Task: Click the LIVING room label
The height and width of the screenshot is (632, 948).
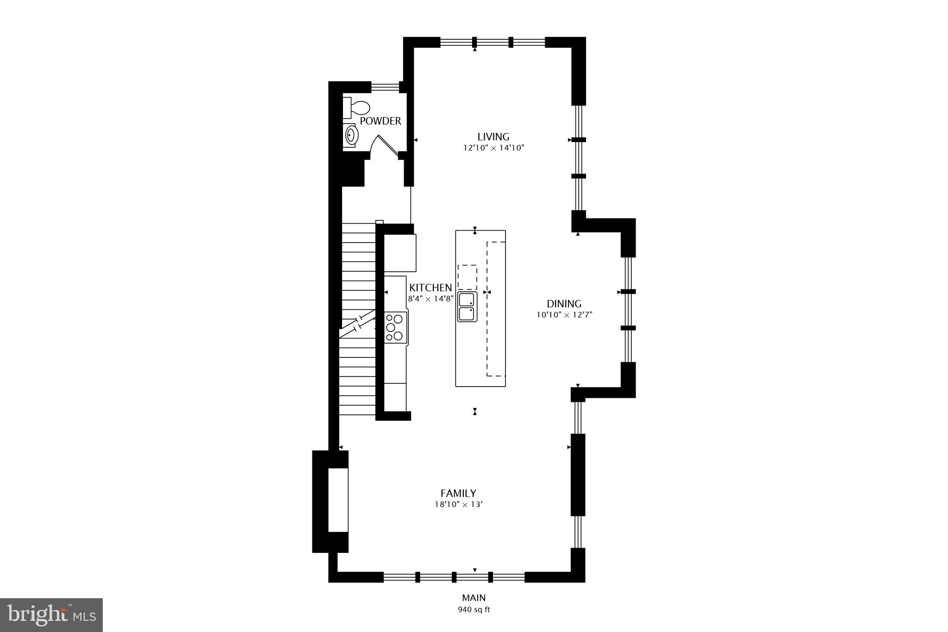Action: (493, 137)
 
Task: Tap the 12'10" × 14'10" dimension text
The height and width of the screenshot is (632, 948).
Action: (493, 148)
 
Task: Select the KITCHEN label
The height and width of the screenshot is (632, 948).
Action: (430, 288)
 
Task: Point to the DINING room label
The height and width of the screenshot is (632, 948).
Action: (564, 304)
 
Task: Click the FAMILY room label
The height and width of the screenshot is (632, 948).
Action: (458, 493)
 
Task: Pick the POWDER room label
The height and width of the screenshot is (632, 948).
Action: (380, 121)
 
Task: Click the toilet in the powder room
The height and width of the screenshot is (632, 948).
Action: (357, 108)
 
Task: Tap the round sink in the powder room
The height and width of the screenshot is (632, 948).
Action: (351, 135)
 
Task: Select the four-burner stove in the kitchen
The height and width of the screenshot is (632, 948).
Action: (396, 327)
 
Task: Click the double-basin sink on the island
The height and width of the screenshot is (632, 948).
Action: (467, 307)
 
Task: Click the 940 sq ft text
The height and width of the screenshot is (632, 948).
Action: (474, 610)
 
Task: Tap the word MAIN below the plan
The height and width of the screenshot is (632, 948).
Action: (474, 598)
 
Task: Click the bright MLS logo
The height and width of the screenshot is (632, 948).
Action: (51, 615)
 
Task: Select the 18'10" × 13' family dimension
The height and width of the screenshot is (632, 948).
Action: (458, 505)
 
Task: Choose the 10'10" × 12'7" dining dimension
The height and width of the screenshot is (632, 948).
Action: (564, 315)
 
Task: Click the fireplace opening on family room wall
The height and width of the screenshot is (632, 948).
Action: (338, 500)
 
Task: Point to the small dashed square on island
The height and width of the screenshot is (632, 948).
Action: (467, 277)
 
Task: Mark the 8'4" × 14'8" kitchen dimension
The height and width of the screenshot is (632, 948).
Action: (430, 299)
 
